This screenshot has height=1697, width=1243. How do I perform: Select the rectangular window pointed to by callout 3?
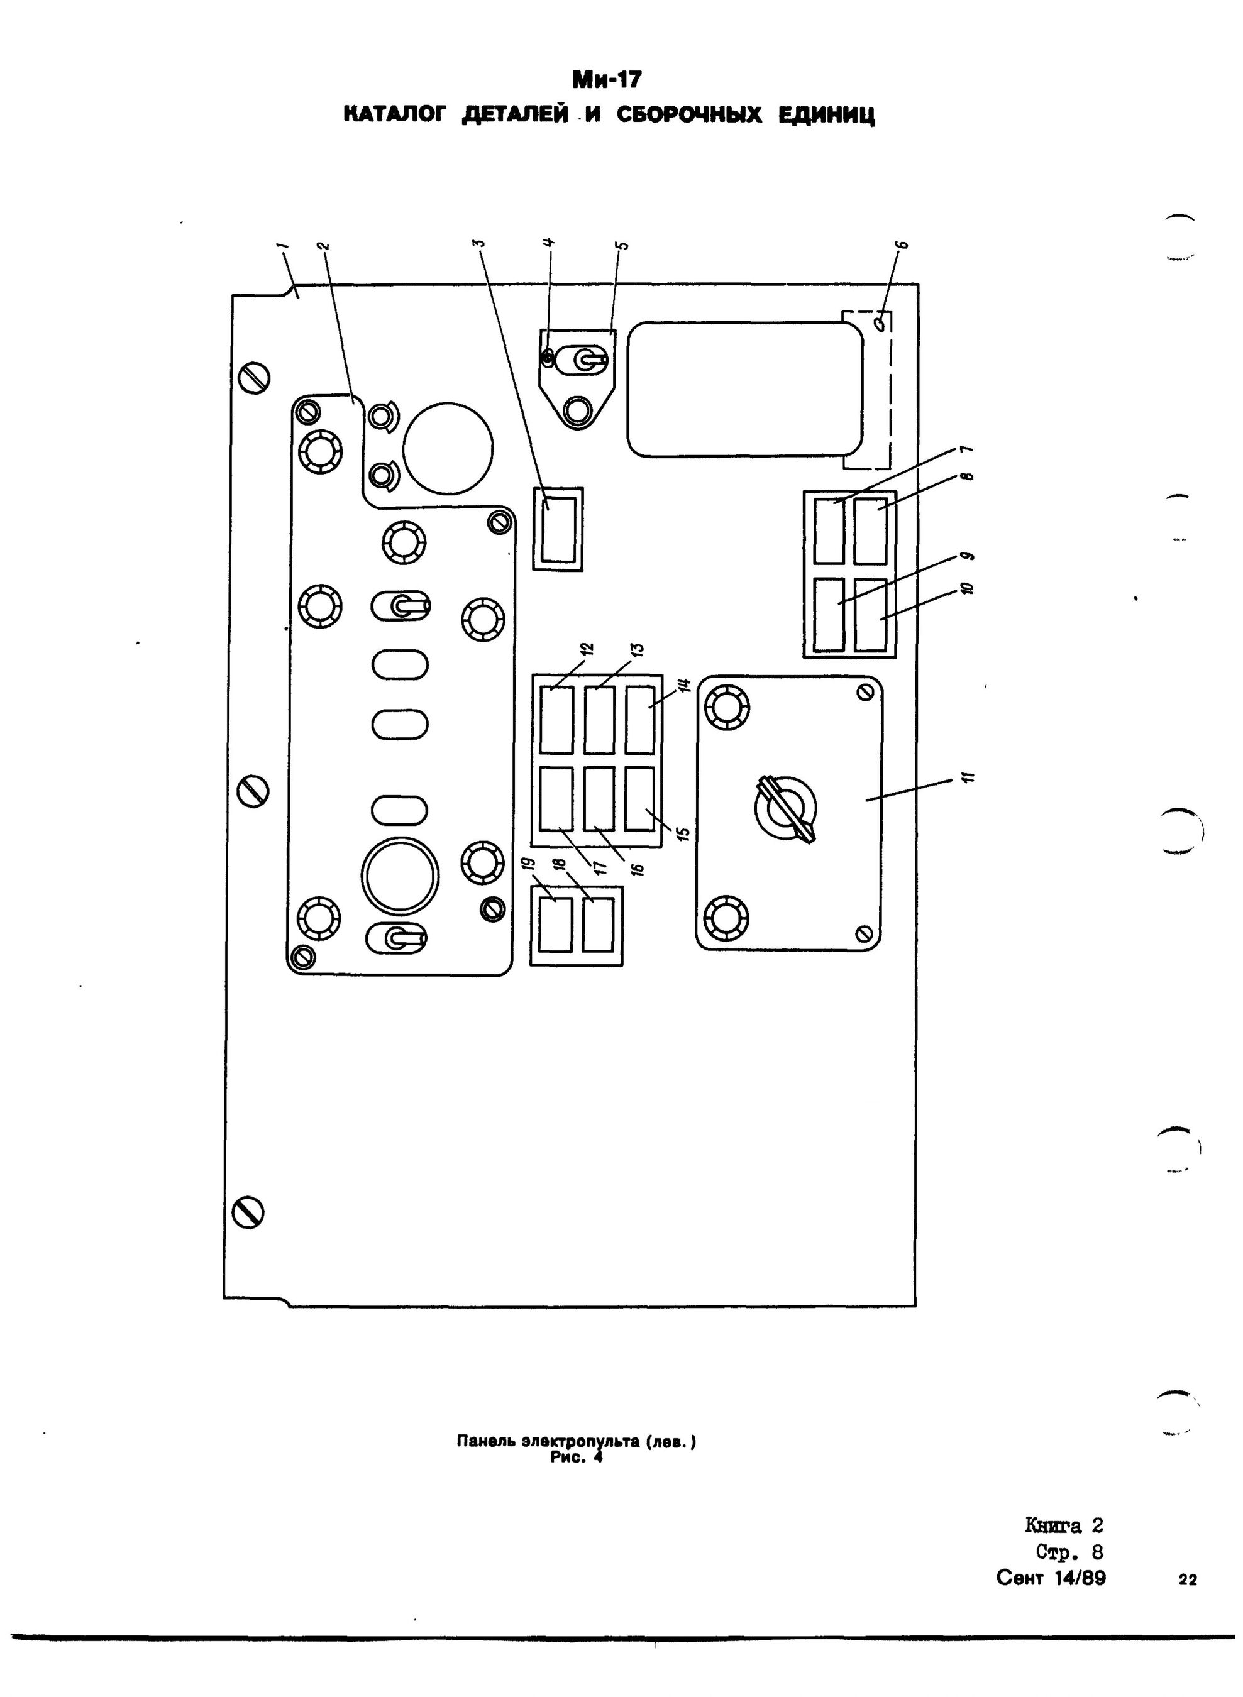[558, 528]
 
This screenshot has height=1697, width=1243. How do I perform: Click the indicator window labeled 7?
[829, 530]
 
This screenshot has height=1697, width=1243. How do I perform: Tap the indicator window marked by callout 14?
[640, 720]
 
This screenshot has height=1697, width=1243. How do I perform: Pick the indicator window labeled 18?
[597, 925]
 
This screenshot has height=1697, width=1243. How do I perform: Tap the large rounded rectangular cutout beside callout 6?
[745, 389]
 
